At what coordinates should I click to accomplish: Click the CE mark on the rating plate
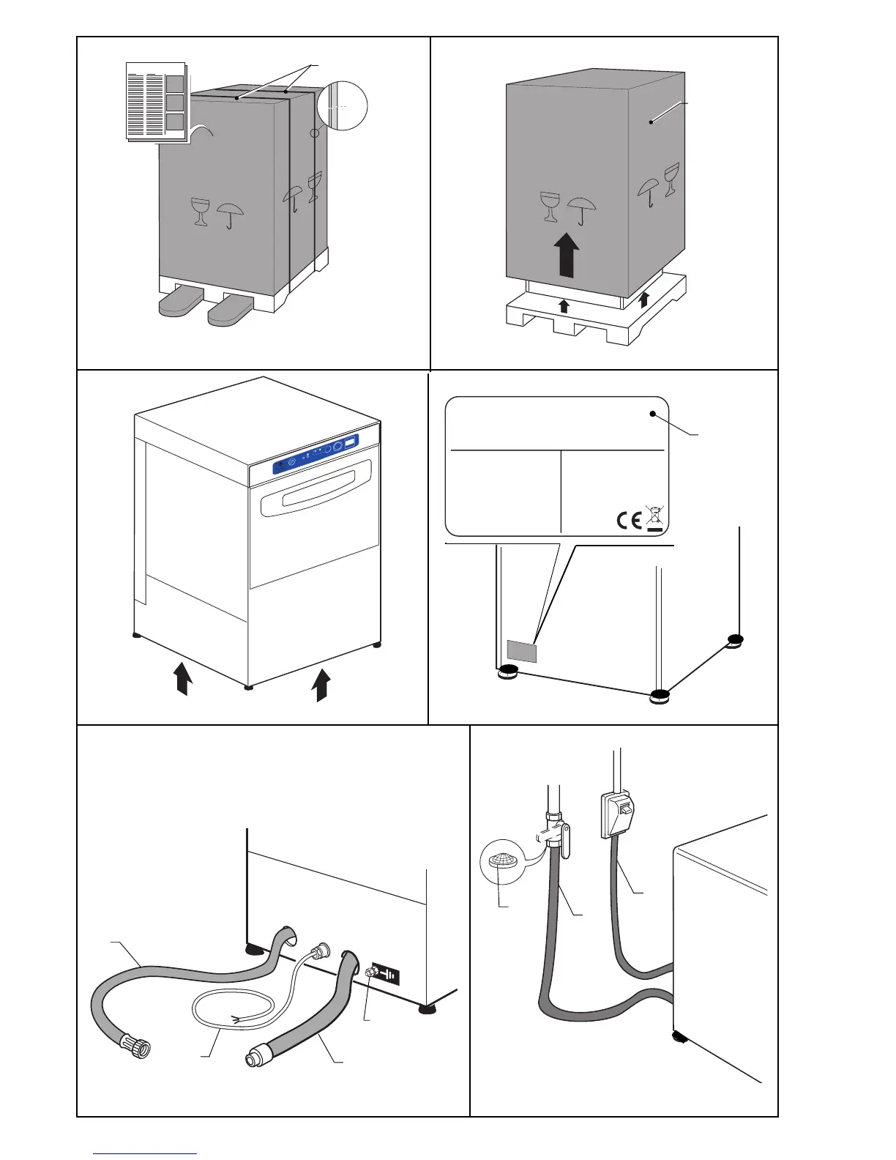click(x=629, y=520)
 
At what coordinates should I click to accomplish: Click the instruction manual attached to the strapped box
click(x=155, y=101)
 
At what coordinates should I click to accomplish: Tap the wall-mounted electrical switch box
click(x=615, y=814)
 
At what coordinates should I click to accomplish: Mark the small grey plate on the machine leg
click(x=521, y=650)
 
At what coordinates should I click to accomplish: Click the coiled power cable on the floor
click(x=231, y=1010)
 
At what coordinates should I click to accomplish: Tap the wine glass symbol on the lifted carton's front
click(x=549, y=207)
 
